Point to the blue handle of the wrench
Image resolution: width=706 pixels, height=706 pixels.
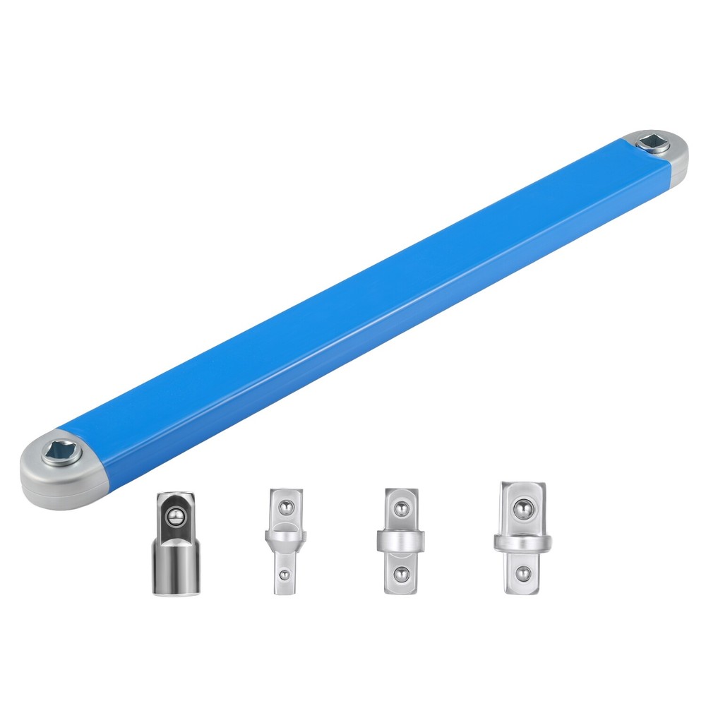click(x=353, y=304)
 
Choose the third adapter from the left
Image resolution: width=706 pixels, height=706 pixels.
click(x=400, y=540)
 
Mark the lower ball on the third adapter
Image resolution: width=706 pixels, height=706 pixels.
click(x=400, y=573)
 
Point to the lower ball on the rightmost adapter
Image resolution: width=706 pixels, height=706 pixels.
click(x=522, y=573)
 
